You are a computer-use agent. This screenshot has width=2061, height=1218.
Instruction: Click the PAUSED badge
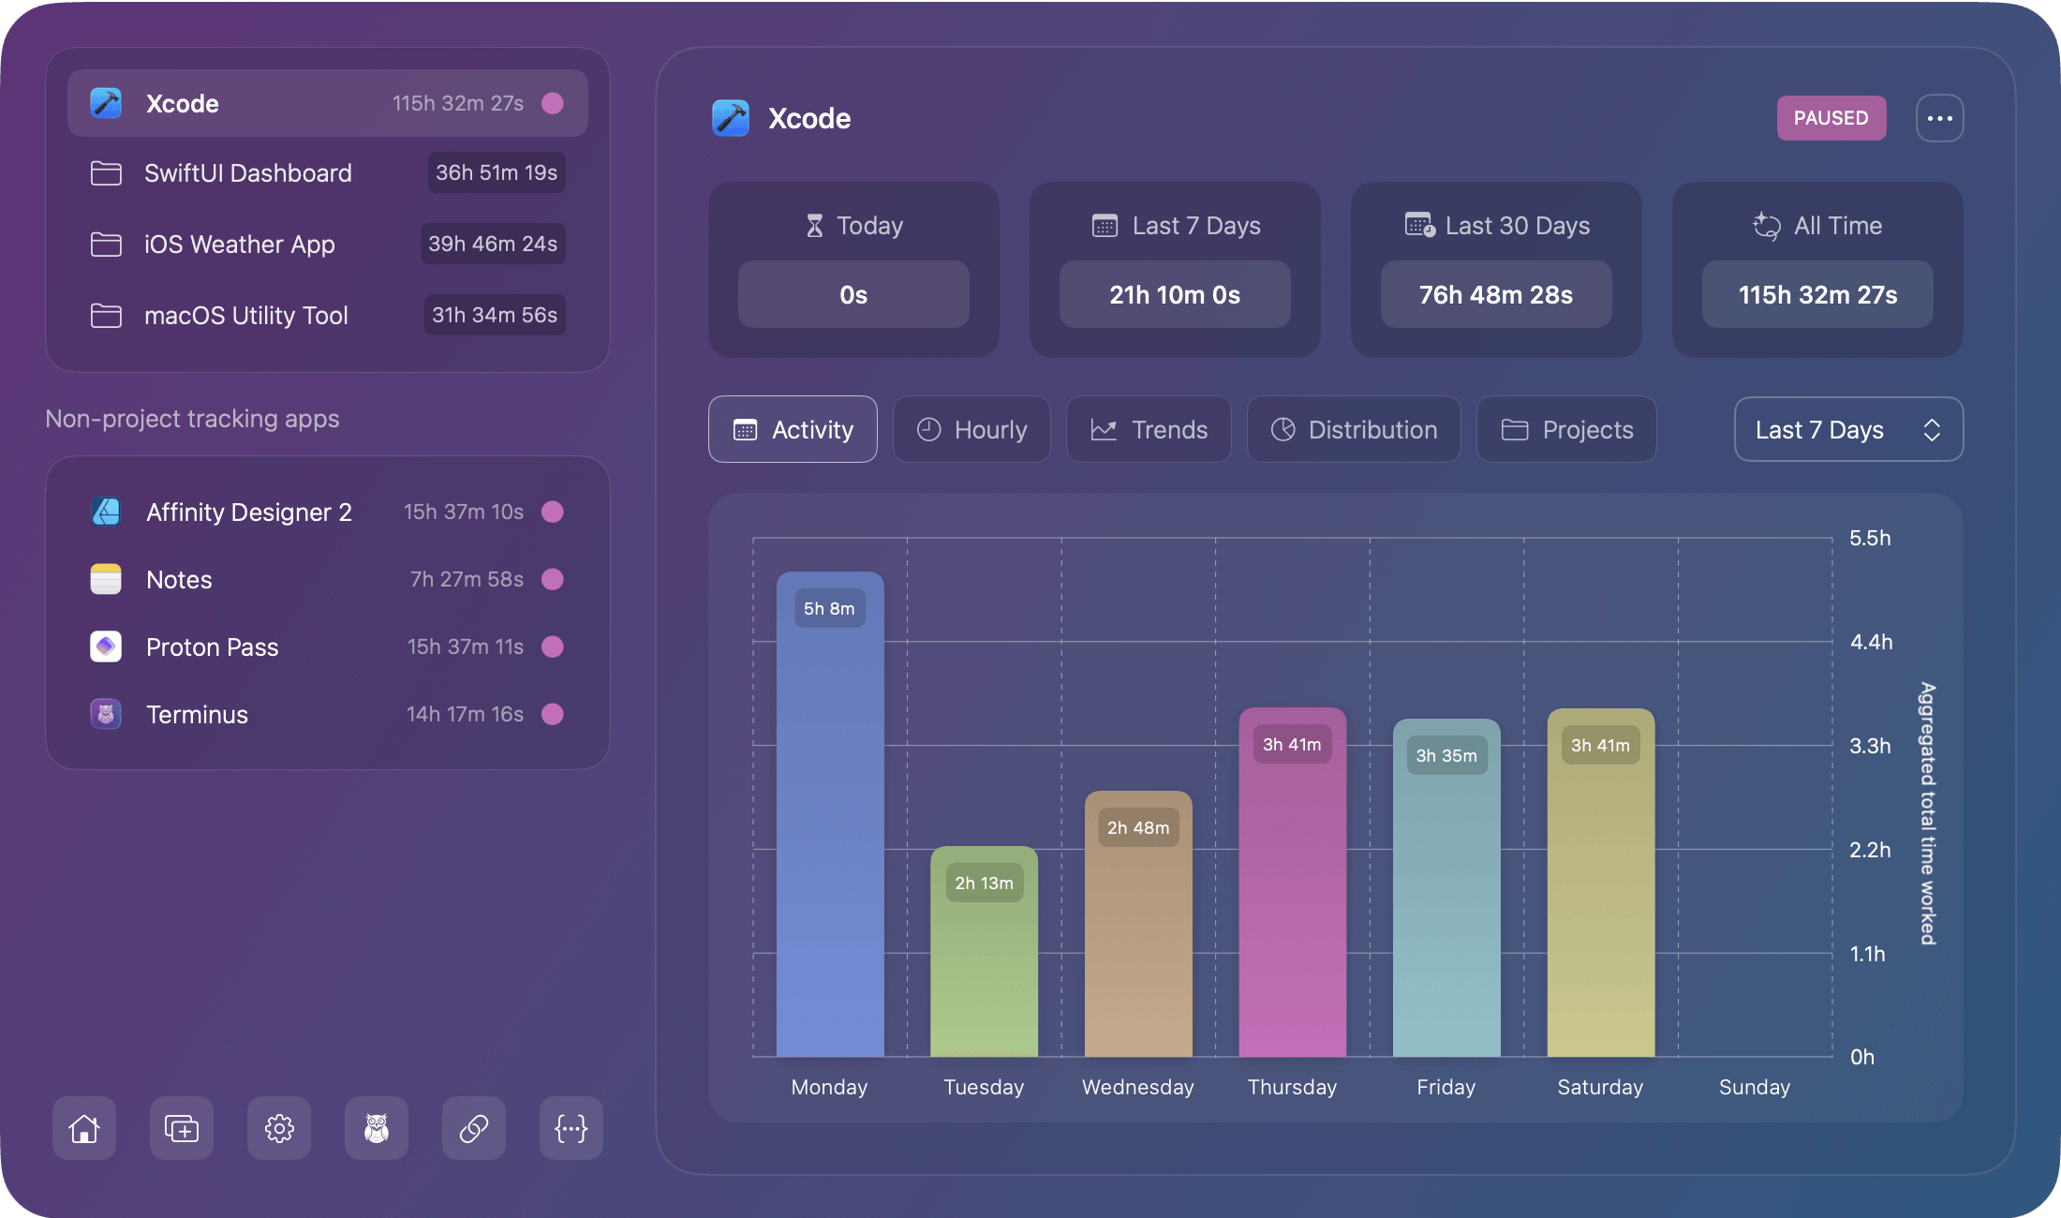click(1831, 118)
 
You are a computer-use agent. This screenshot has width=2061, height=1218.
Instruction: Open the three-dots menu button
click(1939, 118)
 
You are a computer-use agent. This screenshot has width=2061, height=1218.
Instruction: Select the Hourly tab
click(971, 429)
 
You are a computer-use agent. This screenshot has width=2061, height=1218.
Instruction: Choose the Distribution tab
click(1354, 429)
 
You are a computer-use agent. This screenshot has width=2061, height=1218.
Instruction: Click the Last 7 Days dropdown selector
click(1848, 429)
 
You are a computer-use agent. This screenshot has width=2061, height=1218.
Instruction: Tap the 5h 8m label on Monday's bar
click(829, 609)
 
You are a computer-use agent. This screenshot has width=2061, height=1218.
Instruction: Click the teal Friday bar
click(1446, 918)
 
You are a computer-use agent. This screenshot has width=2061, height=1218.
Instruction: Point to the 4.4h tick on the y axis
click(1871, 643)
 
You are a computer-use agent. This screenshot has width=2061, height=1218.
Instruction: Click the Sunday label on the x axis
click(1754, 1087)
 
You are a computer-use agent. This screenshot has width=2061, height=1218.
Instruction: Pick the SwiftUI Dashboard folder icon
click(106, 173)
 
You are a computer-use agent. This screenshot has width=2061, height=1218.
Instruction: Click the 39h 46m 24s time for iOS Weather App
click(493, 244)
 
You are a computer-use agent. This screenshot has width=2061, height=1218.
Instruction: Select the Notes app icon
click(106, 579)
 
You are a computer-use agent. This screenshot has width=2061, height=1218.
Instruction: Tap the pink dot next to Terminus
click(553, 714)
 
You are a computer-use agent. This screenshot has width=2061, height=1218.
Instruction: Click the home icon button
click(84, 1128)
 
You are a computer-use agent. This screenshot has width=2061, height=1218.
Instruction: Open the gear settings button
click(279, 1128)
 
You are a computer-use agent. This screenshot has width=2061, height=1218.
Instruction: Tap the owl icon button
click(377, 1128)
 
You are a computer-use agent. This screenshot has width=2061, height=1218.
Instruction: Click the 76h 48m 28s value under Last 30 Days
click(1496, 295)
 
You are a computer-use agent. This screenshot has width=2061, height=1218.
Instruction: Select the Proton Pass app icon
click(106, 646)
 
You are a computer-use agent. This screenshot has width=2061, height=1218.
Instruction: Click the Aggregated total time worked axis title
click(1927, 813)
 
